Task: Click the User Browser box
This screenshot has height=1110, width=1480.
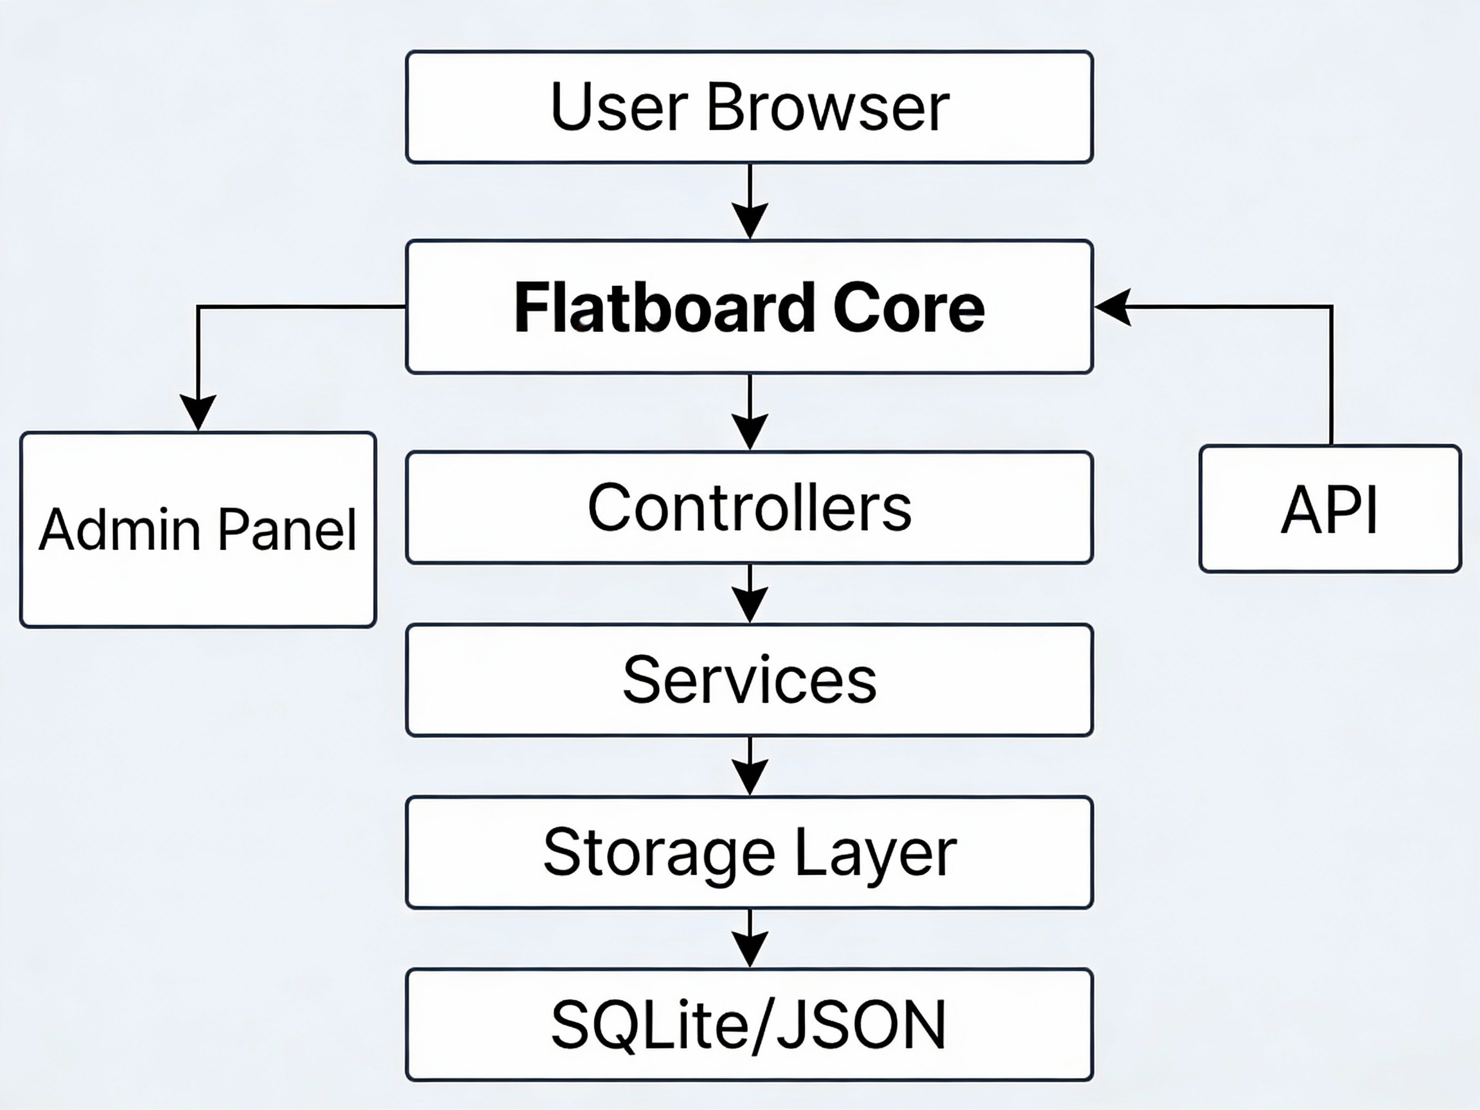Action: click(x=749, y=107)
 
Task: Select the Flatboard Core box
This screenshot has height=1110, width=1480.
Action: click(x=749, y=306)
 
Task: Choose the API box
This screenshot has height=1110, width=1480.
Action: click(x=1330, y=509)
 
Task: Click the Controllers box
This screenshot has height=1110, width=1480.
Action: click(x=749, y=508)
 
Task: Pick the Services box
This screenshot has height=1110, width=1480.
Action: click(x=749, y=680)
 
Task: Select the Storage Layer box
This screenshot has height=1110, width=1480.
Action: click(x=749, y=852)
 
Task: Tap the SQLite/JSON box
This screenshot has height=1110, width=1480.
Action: click(x=749, y=1025)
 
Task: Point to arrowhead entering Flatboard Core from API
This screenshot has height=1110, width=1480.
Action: click(x=1112, y=307)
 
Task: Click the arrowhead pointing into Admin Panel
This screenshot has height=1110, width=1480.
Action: click(x=197, y=412)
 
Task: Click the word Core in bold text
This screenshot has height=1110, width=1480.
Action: click(x=908, y=308)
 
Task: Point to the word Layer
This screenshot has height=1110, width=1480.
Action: click(x=875, y=853)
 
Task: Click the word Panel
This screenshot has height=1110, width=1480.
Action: click(x=287, y=530)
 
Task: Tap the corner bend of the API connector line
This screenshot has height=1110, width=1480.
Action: click(x=1331, y=307)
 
